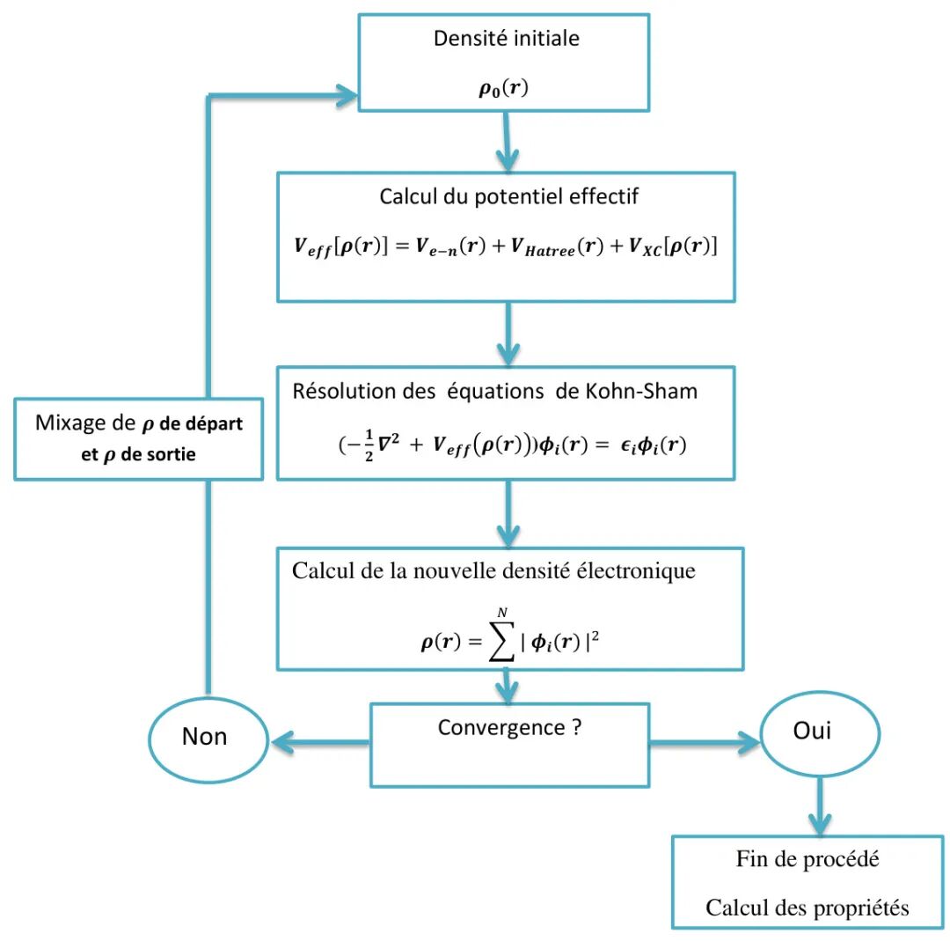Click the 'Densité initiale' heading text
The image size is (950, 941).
507,39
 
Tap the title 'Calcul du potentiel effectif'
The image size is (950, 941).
508,196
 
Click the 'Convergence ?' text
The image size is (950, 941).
509,728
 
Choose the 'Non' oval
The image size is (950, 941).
205,737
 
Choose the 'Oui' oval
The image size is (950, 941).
819,732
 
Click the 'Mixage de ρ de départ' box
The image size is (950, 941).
139,437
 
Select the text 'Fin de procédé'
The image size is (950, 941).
807,859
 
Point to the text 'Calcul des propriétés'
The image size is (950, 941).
807,908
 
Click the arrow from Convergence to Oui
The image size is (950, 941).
704,744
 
